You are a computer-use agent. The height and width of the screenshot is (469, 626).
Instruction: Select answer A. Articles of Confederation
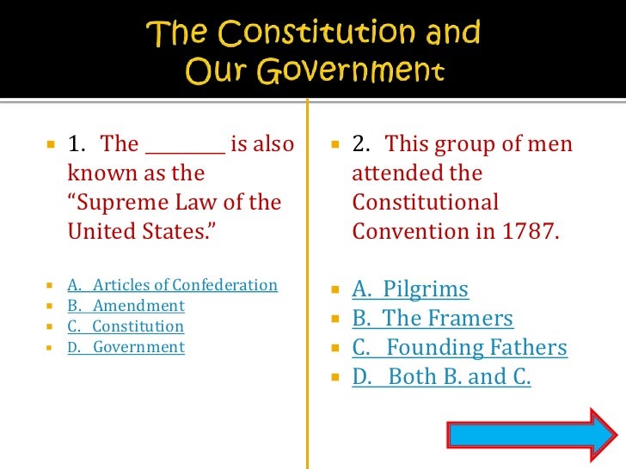pyautogui.click(x=173, y=285)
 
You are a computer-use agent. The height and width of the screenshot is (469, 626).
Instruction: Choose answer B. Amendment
pyautogui.click(x=126, y=306)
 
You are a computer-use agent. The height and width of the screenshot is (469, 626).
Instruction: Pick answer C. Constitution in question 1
pyautogui.click(x=126, y=326)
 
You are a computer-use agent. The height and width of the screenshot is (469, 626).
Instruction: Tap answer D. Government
pyautogui.click(x=126, y=347)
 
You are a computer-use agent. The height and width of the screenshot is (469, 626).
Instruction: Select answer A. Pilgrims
pyautogui.click(x=410, y=289)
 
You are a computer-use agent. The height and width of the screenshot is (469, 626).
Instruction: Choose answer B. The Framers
pyautogui.click(x=433, y=319)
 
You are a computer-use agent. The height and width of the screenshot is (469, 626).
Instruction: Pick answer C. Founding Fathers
pyautogui.click(x=459, y=348)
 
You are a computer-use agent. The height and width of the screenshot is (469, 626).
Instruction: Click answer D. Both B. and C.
pyautogui.click(x=442, y=377)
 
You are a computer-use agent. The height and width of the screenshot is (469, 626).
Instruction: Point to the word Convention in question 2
pyautogui.click(x=405, y=232)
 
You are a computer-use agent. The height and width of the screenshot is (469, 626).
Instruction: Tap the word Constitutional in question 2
pyautogui.click(x=425, y=203)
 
